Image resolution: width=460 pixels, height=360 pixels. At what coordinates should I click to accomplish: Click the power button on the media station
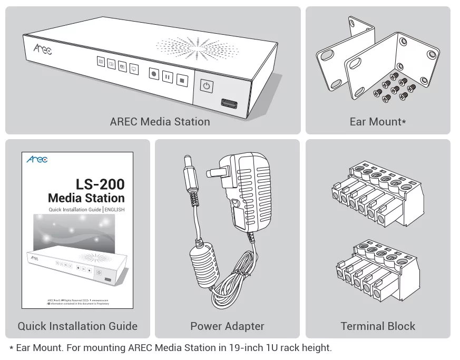tap(207, 86)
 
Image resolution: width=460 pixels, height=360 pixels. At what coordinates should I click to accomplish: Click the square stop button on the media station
tap(182, 80)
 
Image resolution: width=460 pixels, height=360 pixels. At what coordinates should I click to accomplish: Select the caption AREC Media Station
tap(160, 122)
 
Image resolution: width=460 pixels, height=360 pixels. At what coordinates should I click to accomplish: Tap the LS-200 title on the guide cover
tap(100, 184)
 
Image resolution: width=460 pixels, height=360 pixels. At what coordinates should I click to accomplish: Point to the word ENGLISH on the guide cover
tap(114, 210)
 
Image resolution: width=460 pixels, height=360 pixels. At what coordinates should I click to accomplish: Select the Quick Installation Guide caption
tap(77, 326)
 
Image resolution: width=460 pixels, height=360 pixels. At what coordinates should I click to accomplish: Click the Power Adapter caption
tap(227, 326)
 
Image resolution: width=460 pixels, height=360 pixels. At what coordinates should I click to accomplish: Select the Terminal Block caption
tap(378, 326)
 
